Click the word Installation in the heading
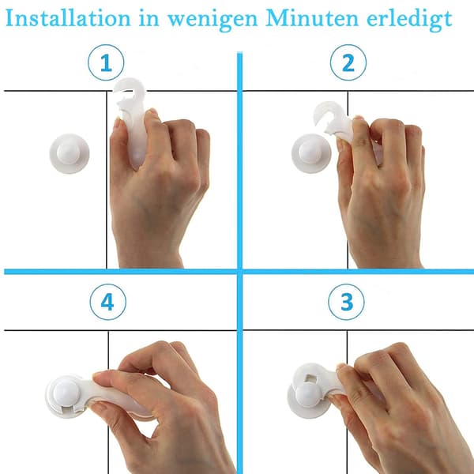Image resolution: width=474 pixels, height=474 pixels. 68,18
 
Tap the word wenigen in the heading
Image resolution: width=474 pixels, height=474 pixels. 213,20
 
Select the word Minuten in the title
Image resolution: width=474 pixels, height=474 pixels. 312,18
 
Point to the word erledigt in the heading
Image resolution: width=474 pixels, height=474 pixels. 409,20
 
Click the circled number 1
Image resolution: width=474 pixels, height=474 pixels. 106,62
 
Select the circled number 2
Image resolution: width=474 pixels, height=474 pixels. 348,62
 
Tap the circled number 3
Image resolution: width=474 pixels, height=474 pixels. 347,302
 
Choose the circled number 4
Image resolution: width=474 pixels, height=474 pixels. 107,302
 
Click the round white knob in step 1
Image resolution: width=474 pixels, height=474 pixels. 70,153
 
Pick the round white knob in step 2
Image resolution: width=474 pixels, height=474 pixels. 311,153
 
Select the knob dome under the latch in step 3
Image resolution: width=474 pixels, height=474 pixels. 308,395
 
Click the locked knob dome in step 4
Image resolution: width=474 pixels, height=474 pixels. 66,393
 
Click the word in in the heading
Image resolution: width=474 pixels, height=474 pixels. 149,19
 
